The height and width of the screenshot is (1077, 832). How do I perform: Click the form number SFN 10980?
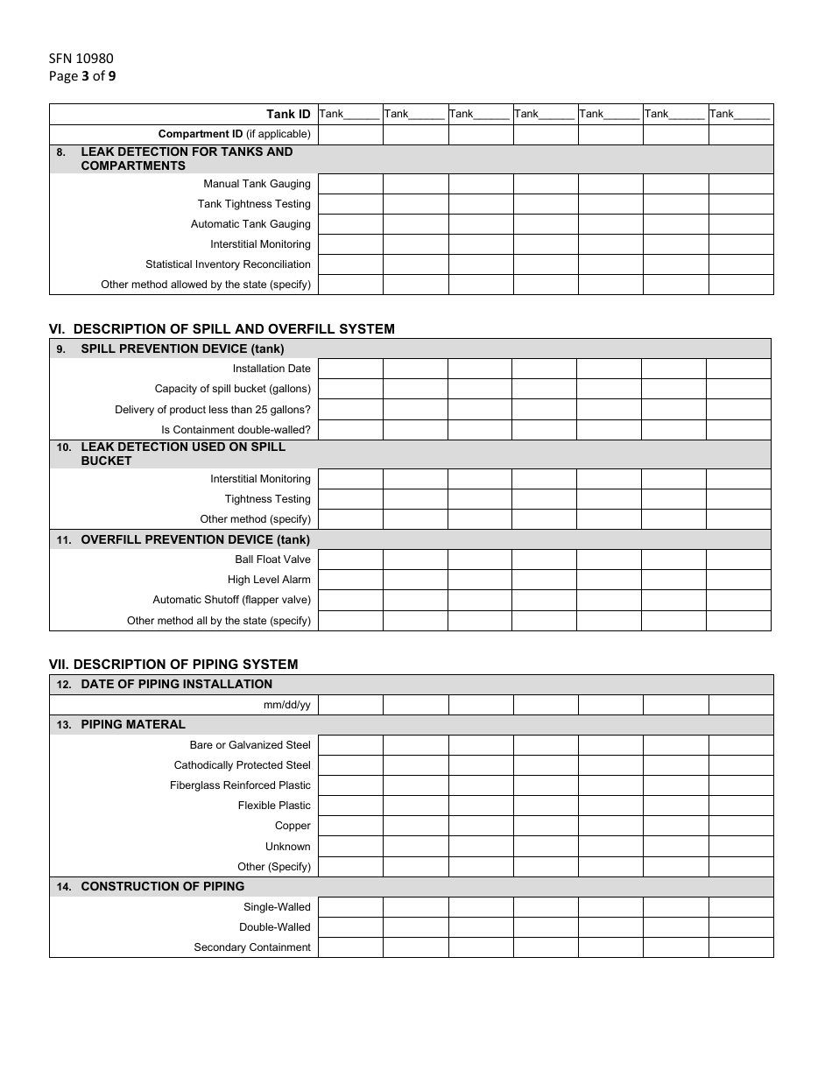81,59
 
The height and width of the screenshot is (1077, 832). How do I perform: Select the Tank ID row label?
288,114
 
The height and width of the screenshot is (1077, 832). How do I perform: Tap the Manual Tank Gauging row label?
257,184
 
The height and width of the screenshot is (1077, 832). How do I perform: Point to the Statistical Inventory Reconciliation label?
228,264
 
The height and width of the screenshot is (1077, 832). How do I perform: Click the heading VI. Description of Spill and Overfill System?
222,329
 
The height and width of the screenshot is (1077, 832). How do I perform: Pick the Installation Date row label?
271,369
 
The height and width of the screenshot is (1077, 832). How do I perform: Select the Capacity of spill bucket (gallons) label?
232,389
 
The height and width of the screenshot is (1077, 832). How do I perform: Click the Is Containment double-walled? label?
236,430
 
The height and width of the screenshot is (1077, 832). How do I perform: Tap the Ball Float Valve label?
272,560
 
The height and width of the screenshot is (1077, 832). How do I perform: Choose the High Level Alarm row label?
269,580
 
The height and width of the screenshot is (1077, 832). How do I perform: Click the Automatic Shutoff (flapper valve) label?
231,600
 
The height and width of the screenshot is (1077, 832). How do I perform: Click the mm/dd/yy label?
287,705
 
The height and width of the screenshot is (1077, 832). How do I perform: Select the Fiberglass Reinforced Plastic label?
240,785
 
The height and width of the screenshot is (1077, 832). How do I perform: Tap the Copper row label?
293,826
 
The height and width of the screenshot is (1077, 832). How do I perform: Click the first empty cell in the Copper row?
350,826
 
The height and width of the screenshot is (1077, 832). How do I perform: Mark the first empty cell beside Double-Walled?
350,927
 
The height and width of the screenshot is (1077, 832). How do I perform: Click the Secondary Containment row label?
252,947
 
